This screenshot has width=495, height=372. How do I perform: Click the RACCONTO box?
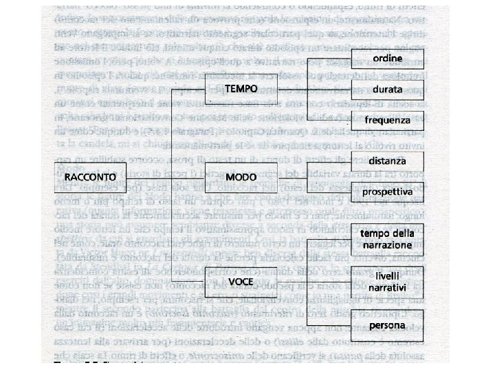click(x=85, y=177)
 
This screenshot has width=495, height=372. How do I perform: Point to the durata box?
click(x=388, y=90)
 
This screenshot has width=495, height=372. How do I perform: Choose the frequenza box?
click(x=388, y=120)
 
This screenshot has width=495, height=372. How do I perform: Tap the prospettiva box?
click(x=388, y=191)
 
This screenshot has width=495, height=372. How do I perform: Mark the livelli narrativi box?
click(x=388, y=280)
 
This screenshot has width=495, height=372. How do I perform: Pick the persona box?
click(x=388, y=324)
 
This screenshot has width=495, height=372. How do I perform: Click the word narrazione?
click(x=388, y=245)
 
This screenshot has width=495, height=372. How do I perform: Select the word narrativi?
click(x=388, y=286)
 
